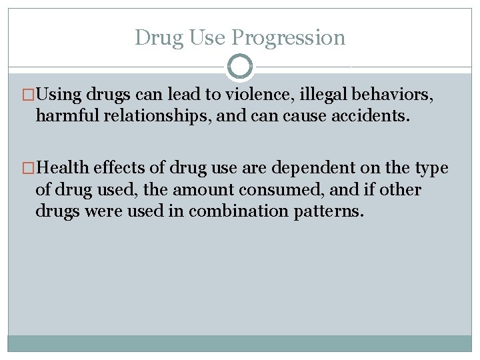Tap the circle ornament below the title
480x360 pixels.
tap(240, 67)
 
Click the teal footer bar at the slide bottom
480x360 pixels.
tap(240, 343)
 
